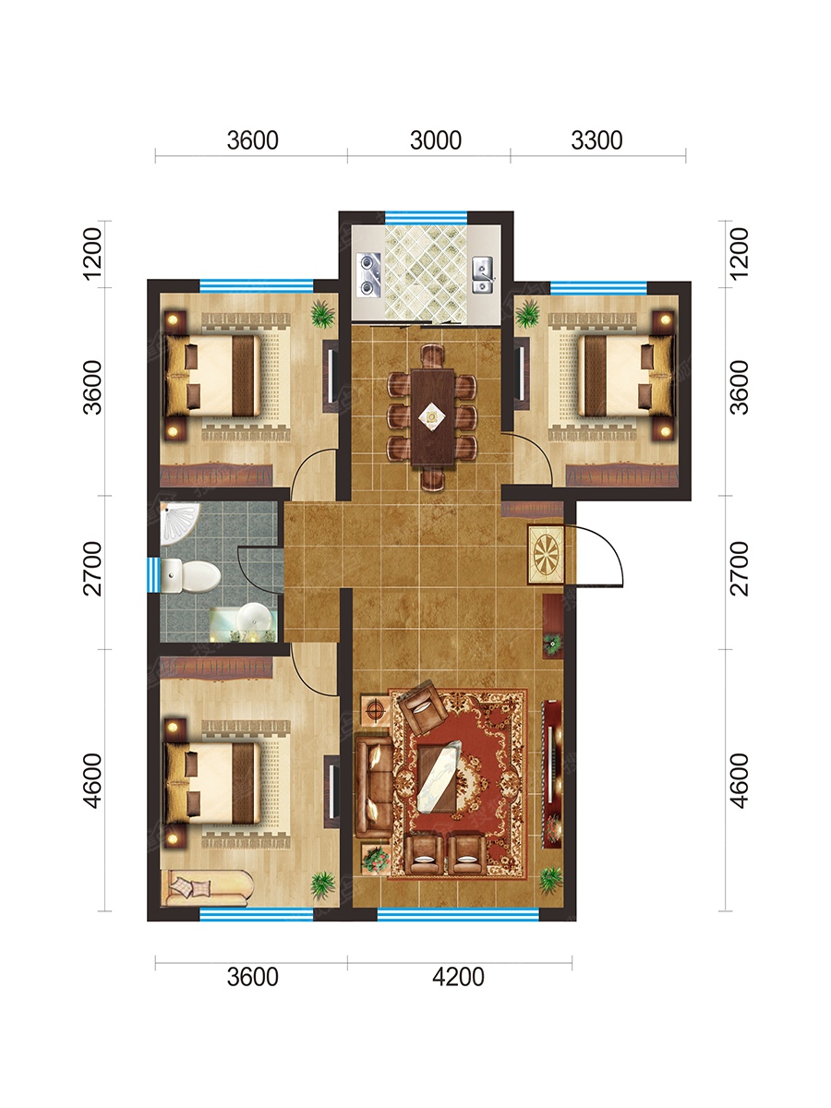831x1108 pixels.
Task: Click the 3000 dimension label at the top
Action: (x=436, y=140)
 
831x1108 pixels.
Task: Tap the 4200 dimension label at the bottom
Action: (x=458, y=977)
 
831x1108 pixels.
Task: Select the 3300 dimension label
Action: (x=596, y=140)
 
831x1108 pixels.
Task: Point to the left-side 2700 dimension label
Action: (x=93, y=569)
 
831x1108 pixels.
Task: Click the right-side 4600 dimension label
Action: (x=740, y=780)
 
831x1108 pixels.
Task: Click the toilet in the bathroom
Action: (x=191, y=575)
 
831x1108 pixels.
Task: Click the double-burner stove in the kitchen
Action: (x=368, y=275)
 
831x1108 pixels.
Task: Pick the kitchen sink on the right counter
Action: (x=483, y=275)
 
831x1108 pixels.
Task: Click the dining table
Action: (x=432, y=417)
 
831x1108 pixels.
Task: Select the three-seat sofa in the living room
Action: (x=374, y=787)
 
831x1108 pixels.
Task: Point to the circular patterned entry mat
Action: (x=546, y=554)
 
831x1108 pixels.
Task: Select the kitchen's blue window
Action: (x=427, y=218)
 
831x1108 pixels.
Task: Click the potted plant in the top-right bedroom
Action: (x=528, y=313)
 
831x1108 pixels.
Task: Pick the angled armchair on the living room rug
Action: (x=423, y=707)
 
